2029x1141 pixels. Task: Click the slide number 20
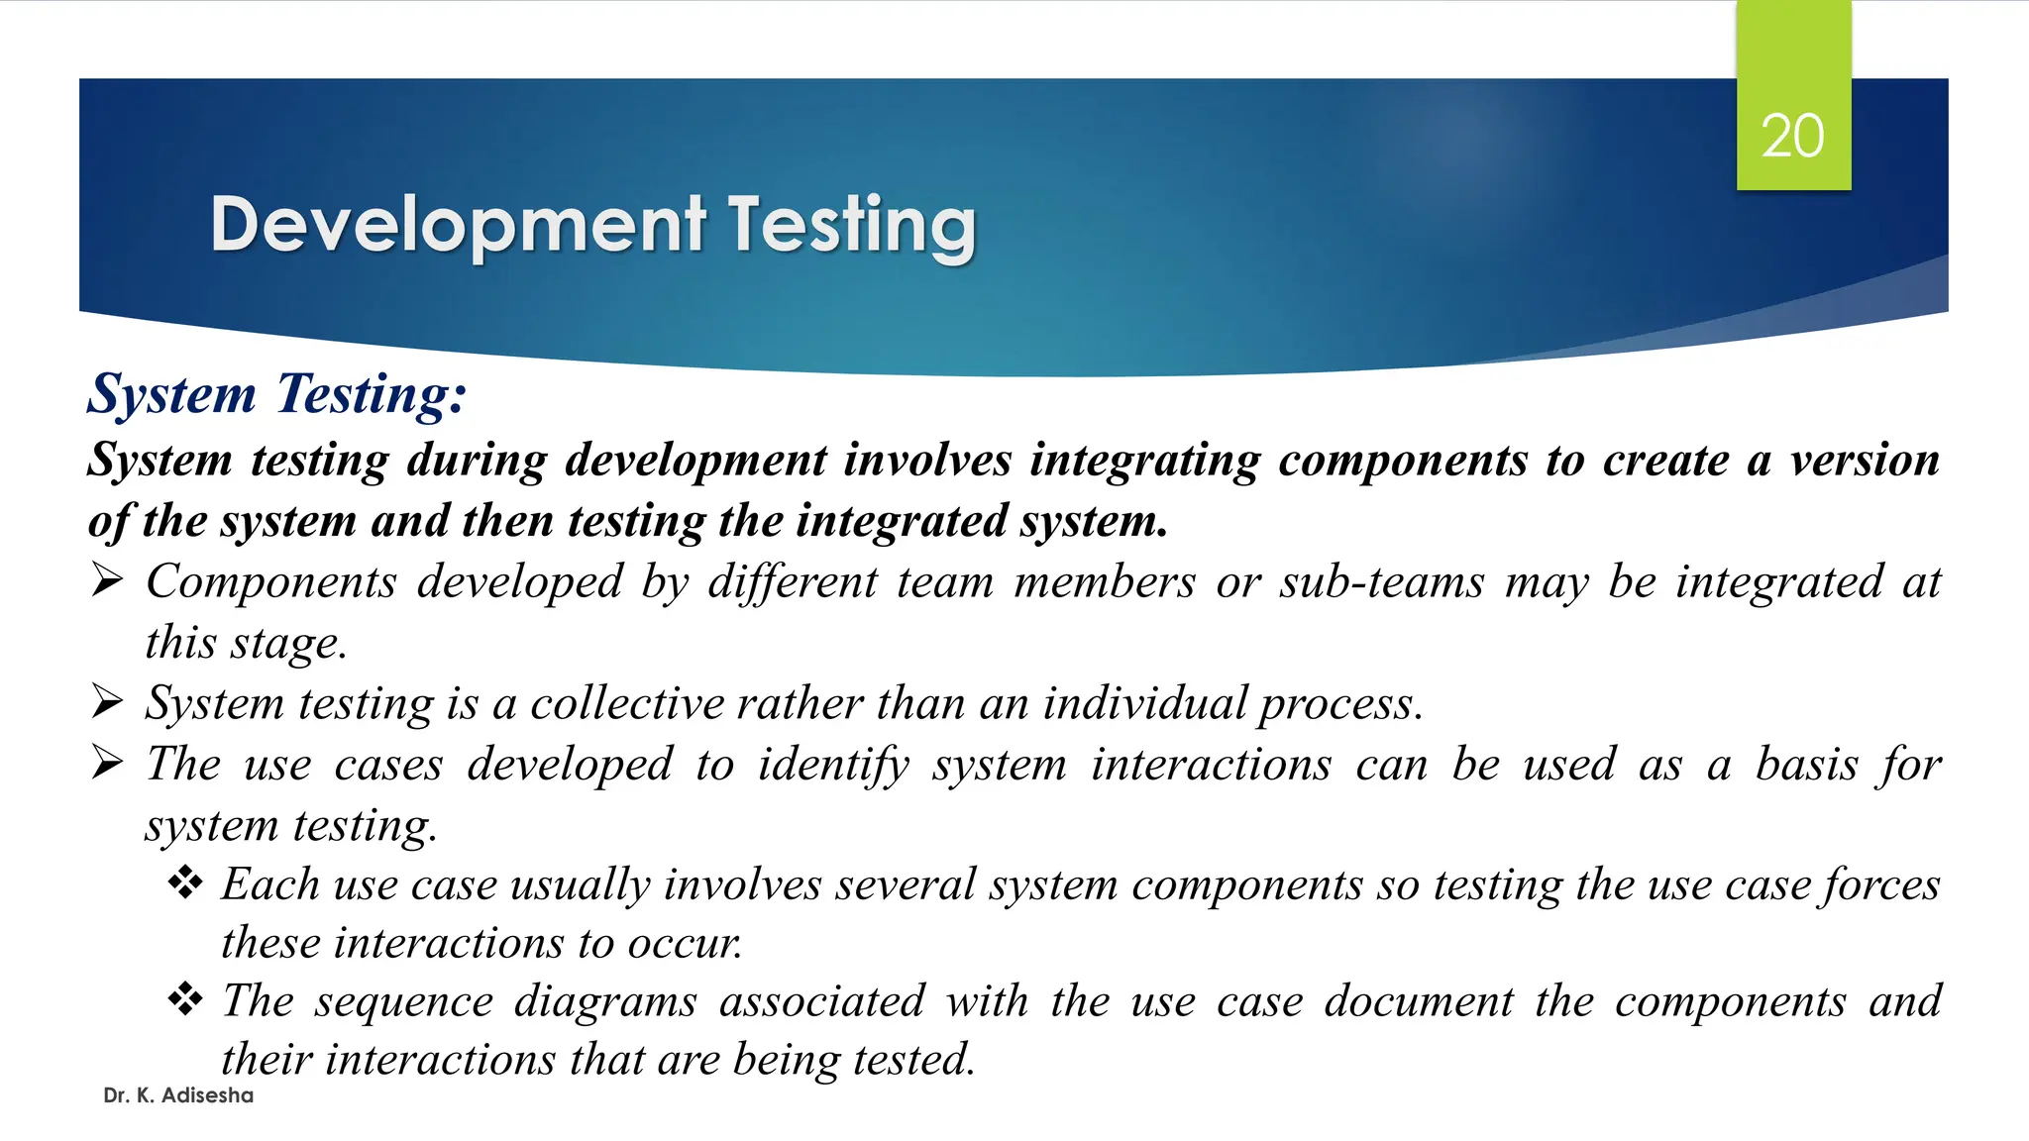(1792, 136)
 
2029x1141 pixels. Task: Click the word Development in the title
(458, 226)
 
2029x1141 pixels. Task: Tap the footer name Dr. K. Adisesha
(178, 1095)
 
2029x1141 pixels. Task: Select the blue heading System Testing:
(276, 393)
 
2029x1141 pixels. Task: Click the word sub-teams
(1382, 581)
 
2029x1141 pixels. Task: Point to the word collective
(628, 703)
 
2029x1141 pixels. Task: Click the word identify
(833, 766)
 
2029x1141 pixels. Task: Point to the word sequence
(404, 1001)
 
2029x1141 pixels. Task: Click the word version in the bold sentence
(1865, 460)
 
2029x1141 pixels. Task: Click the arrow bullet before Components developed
(107, 580)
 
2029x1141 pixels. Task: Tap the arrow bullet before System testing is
(107, 702)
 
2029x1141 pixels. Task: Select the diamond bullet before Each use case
(185, 882)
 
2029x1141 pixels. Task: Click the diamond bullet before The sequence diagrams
(185, 999)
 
